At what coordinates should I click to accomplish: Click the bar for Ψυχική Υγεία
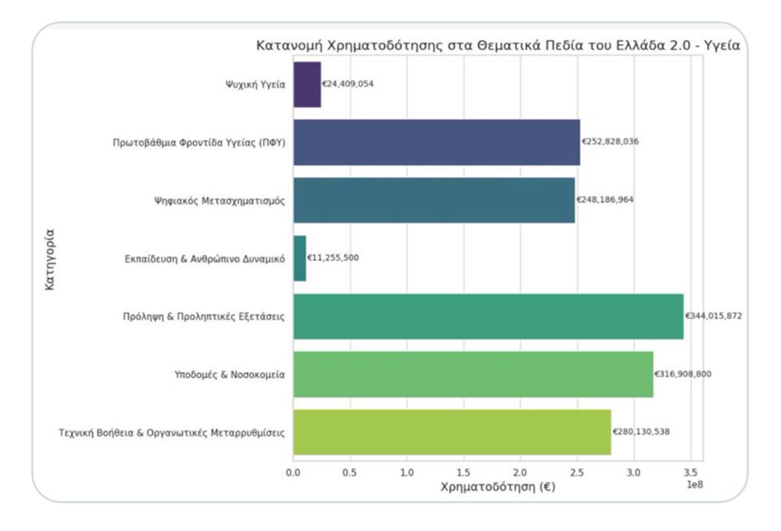307,84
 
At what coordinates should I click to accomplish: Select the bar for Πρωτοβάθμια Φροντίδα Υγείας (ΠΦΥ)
437,142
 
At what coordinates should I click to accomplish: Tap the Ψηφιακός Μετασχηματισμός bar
433,200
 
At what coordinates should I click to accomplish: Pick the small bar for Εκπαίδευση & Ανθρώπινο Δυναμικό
300,258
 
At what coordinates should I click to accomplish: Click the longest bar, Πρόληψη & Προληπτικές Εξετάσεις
488,316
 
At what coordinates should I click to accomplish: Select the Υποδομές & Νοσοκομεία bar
473,374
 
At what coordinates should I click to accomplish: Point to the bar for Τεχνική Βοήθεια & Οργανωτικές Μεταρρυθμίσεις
452,432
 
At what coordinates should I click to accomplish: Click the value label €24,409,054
348,84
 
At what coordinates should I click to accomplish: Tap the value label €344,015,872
714,316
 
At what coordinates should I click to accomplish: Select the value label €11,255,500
333,258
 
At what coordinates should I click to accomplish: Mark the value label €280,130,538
641,432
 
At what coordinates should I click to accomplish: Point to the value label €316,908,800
683,374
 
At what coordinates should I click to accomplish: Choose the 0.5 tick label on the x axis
350,472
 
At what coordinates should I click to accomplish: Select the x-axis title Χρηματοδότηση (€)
497,487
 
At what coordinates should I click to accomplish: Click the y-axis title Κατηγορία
50,258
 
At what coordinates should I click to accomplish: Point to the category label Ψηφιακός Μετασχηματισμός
219,200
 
